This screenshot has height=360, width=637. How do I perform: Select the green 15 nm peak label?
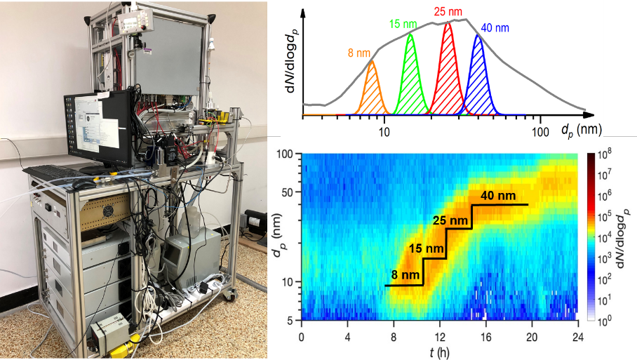pos(403,25)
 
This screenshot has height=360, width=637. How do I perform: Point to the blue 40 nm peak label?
pos(495,28)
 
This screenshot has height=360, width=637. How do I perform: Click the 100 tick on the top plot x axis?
pos(540,131)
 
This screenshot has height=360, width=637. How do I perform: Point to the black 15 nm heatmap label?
pos(426,249)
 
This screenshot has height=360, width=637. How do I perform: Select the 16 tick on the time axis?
pos(485,337)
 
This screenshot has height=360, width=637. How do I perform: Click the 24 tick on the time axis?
pos(577,337)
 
